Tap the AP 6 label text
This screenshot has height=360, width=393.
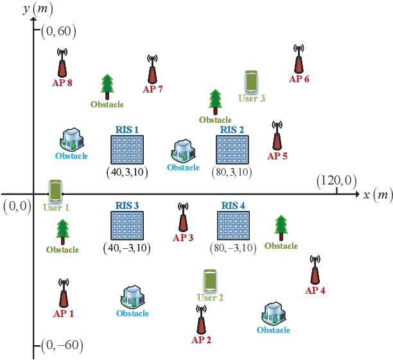tap(299, 79)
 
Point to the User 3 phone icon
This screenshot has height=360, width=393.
tap(252, 82)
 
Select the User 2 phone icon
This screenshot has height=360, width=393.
tap(209, 282)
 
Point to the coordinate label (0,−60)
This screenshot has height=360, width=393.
tap(62, 345)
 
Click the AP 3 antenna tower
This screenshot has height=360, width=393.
tap(183, 219)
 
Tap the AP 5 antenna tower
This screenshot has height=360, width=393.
tap(277, 136)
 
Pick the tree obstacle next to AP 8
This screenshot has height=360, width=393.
tap(107, 87)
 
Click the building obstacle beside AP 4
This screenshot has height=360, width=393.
tap(274, 313)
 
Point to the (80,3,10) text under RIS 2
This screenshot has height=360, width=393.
tap(232, 172)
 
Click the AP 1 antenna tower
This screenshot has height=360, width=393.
tap(64, 294)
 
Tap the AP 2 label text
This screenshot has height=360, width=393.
tap(202, 339)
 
